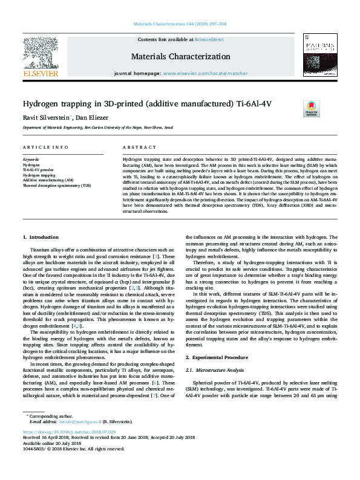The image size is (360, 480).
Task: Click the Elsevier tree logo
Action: click(41, 56)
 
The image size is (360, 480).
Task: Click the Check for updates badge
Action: click(311, 109)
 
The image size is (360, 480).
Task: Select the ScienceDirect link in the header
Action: click(210, 39)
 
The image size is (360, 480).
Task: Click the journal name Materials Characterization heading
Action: click(180, 56)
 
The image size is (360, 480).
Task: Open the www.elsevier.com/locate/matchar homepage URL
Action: click(205, 73)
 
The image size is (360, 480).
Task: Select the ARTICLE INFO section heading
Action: click(45, 148)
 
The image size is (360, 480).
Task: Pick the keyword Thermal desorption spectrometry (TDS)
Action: click(57, 185)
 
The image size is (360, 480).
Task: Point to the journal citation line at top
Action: click(179, 24)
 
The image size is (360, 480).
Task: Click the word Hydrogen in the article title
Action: click(41, 103)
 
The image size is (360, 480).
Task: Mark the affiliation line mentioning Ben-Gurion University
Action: click(97, 128)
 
